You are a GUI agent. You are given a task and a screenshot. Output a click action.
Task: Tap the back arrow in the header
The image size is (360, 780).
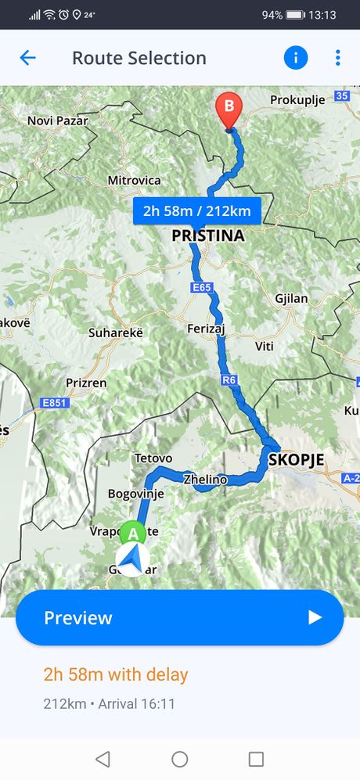pyautogui.click(x=27, y=58)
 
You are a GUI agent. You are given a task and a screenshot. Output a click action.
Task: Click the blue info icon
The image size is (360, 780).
pyautogui.click(x=296, y=57)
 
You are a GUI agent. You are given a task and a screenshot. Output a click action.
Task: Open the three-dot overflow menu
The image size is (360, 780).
pyautogui.click(x=337, y=57)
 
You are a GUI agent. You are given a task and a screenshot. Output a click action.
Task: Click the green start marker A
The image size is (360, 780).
pyautogui.click(x=133, y=533)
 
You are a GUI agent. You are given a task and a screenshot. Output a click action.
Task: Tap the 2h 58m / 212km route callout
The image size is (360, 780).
pyautogui.click(x=196, y=210)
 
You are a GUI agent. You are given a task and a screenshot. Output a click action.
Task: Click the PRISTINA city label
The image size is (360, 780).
pyautogui.click(x=207, y=235)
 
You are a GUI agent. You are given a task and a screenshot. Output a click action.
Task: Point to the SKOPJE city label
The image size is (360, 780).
pyautogui.click(x=296, y=459)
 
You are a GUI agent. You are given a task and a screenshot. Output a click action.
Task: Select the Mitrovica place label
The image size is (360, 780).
pyautogui.click(x=134, y=181)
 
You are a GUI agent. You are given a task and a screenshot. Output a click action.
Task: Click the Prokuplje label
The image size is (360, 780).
pyautogui.click(x=297, y=100)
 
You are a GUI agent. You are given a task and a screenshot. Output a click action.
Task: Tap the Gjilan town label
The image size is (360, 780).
pyautogui.click(x=291, y=298)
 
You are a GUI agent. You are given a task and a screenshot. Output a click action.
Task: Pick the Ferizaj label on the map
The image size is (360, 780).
pyautogui.click(x=206, y=329)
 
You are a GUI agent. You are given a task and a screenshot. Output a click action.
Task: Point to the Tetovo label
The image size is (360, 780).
pyautogui.click(x=153, y=458)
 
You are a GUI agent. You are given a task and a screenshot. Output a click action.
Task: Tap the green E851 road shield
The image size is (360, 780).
pyautogui.click(x=54, y=404)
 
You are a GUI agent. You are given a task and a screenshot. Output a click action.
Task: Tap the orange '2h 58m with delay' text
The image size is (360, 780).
pyautogui.click(x=116, y=674)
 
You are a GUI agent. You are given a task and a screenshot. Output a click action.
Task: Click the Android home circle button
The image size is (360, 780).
pyautogui.click(x=180, y=759)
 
